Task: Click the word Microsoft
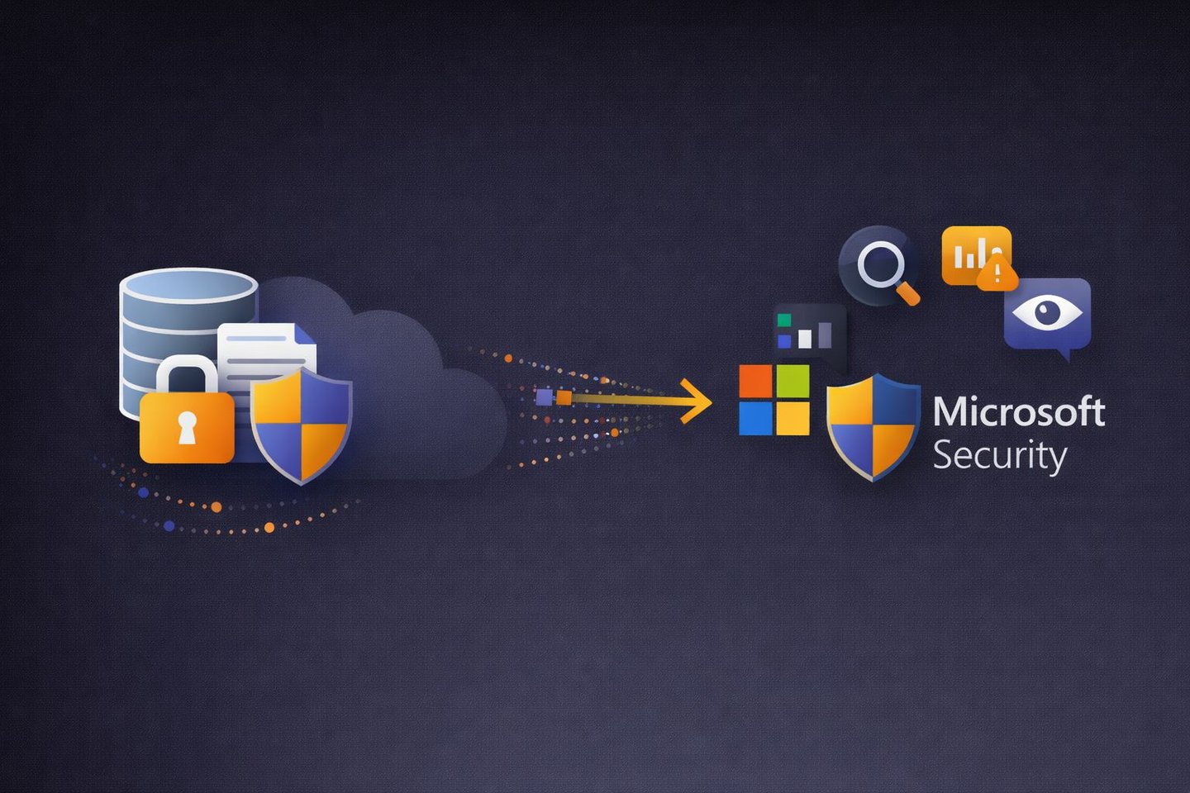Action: [x=1019, y=412]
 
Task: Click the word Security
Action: [x=999, y=455]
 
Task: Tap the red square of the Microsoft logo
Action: [x=755, y=381]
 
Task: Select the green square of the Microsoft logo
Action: [x=793, y=381]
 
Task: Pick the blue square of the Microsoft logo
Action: [x=755, y=418]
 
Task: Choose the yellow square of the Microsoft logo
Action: [x=793, y=418]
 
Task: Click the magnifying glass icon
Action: [x=881, y=267]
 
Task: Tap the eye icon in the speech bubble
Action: [x=1047, y=312]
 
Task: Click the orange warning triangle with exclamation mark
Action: [x=997, y=273]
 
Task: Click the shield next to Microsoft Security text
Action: [x=873, y=425]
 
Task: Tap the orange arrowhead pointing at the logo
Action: [x=698, y=401]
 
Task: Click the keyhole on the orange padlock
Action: [x=188, y=427]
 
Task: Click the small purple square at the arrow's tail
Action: [x=544, y=397]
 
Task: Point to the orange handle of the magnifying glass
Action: [x=908, y=293]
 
